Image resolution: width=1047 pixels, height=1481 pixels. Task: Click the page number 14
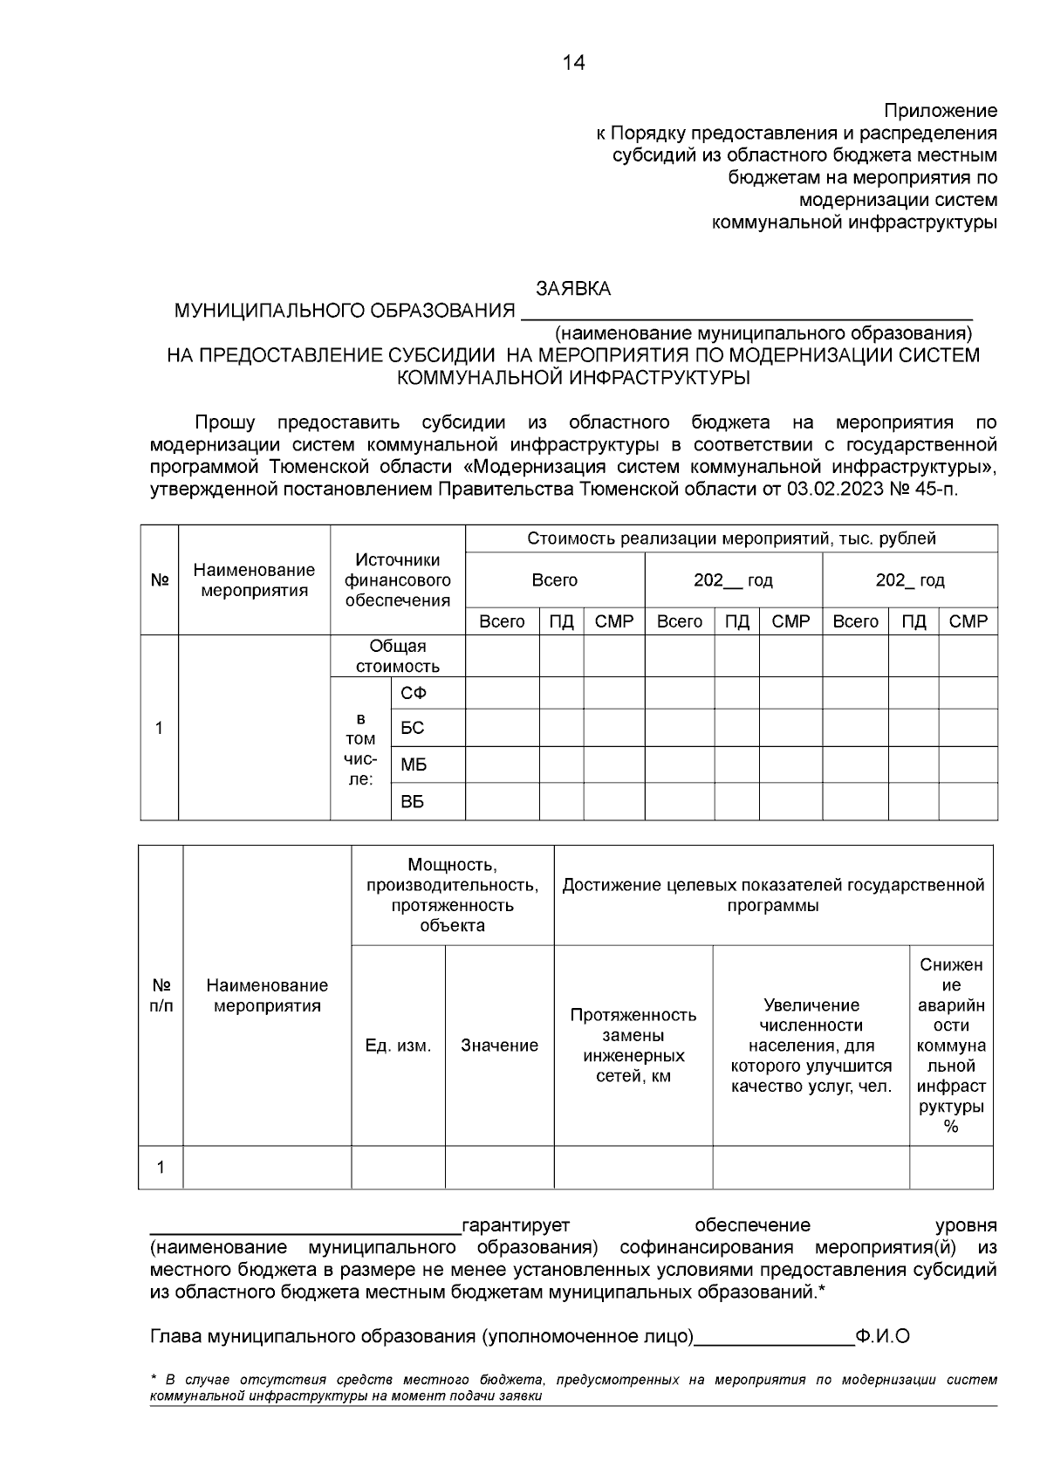coord(573,63)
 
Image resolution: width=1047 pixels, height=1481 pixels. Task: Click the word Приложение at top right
coord(940,111)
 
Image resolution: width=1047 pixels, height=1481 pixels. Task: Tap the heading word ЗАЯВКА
coord(573,289)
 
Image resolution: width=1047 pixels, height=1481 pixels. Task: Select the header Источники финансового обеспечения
coord(398,580)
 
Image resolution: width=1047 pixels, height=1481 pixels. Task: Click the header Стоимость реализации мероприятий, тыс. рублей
coord(731,538)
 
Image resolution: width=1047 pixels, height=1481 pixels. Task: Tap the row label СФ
coord(413,693)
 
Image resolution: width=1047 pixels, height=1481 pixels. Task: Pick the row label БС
coord(412,728)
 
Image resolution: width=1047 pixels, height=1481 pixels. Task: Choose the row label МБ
coord(414,765)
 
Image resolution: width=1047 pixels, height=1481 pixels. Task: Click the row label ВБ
coord(412,802)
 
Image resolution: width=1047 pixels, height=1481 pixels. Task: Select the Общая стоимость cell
coord(398,656)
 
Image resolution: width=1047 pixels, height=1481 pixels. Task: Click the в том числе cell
coord(360,749)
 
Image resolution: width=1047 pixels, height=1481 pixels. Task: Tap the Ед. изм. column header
coord(398,1046)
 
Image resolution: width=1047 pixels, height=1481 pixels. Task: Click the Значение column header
coord(499,1046)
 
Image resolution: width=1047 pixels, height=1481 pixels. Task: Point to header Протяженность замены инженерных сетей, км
coord(633,1046)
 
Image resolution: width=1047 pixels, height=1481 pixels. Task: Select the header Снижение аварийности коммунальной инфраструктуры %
coord(951,1046)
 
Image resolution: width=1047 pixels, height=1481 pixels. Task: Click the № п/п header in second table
coord(161,995)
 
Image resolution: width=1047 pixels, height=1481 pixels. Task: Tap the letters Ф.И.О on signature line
coord(883,1336)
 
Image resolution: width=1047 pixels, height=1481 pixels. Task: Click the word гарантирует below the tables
coord(516,1225)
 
